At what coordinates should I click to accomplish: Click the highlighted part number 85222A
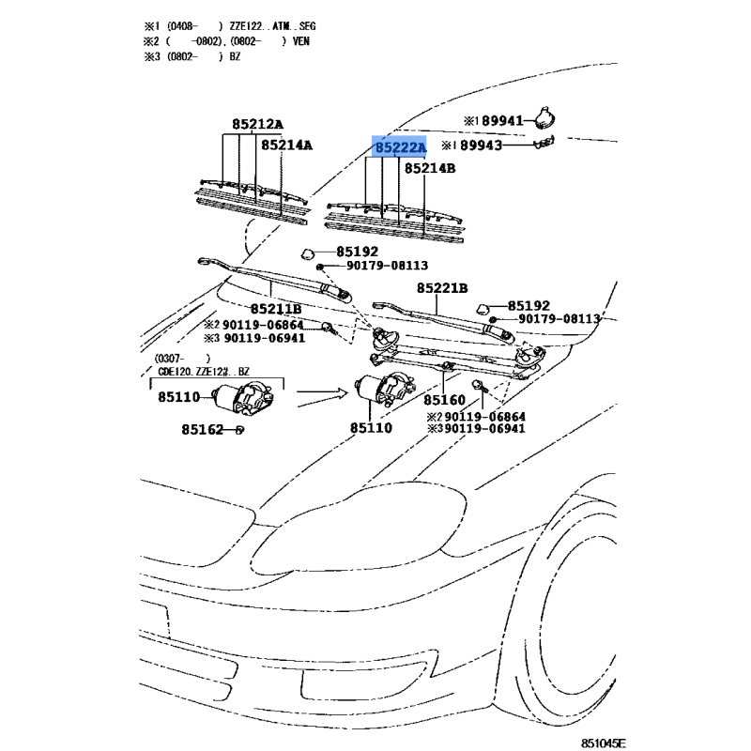[x=400, y=148]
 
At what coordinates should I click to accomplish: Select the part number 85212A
[x=258, y=124]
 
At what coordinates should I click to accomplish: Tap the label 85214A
[x=286, y=146]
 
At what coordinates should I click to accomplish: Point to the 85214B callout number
[x=430, y=169]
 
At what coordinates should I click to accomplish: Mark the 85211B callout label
[x=275, y=309]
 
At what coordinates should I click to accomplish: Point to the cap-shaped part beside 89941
[x=544, y=118]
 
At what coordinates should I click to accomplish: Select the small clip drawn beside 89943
[x=545, y=144]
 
